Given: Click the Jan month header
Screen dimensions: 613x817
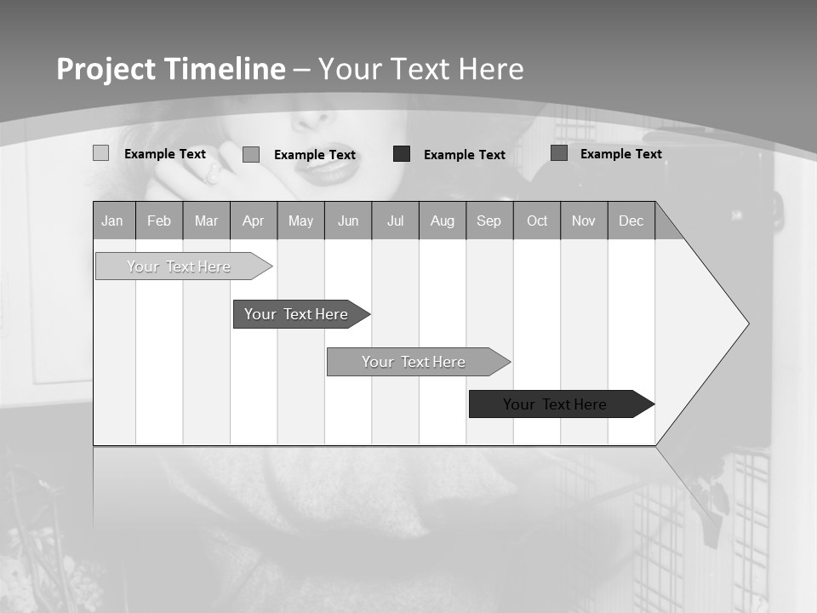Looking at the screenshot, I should click(113, 221).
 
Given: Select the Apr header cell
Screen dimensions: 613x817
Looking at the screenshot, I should click(254, 221).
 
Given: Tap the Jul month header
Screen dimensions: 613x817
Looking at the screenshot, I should click(395, 221).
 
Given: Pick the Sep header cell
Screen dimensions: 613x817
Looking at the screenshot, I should click(489, 221).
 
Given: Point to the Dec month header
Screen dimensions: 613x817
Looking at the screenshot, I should click(631, 221).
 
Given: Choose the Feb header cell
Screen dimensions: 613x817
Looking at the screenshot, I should click(159, 221).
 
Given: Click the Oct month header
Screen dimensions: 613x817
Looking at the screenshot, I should click(537, 221).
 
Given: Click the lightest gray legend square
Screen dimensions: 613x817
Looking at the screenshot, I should click(100, 153).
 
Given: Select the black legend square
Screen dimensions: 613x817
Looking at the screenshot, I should click(402, 154).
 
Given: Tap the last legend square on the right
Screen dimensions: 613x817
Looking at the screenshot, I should click(559, 153).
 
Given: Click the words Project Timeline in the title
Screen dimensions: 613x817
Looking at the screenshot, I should click(171, 69).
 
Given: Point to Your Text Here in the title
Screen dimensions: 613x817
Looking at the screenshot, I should click(420, 69).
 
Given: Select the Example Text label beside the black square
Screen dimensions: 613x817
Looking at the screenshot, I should click(465, 155).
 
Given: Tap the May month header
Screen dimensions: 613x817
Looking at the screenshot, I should click(300, 221).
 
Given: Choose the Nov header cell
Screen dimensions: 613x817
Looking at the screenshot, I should click(584, 221).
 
